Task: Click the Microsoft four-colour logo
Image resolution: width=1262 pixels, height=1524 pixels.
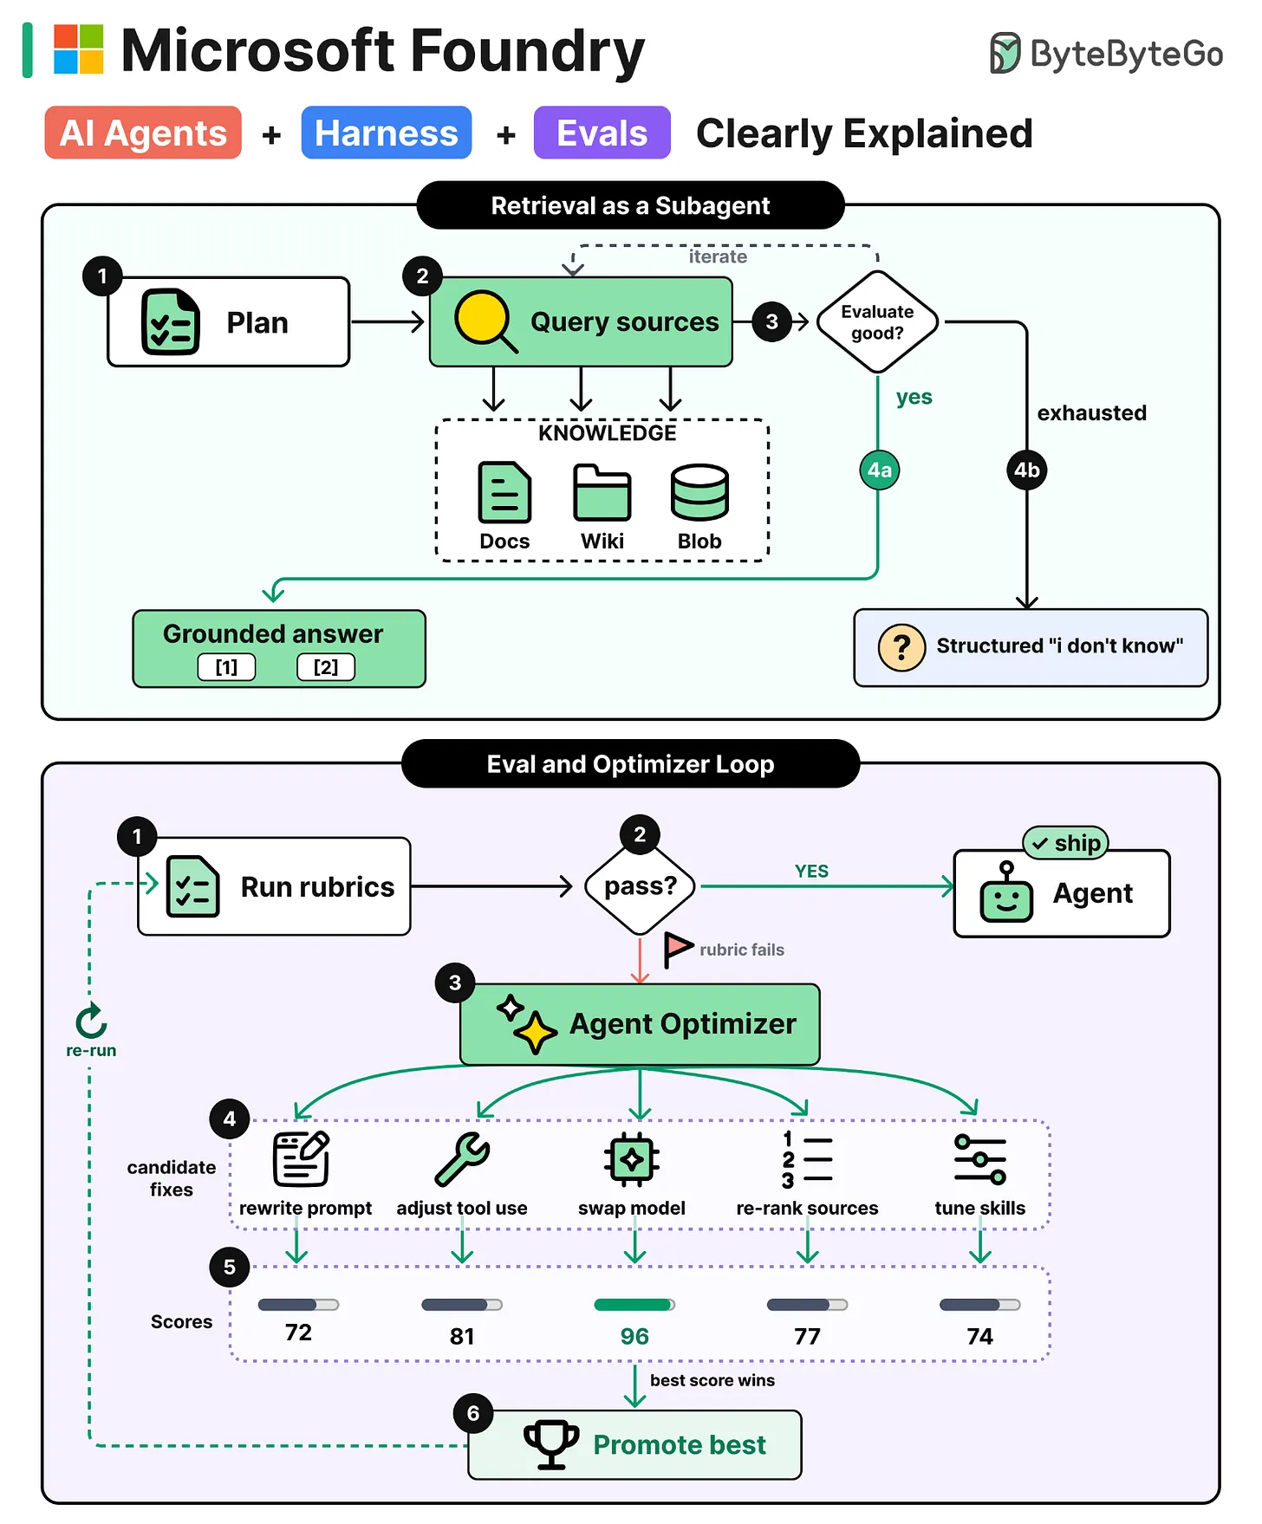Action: point(79,49)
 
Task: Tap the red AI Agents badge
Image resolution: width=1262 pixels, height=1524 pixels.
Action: point(143,133)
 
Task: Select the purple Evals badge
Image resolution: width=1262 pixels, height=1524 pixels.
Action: point(602,133)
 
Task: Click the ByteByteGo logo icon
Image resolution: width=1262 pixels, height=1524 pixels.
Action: point(1005,53)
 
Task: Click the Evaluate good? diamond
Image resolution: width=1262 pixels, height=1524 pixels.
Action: point(877,322)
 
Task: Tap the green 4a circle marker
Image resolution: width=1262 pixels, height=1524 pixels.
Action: point(879,470)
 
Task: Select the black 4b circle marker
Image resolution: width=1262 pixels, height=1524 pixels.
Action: point(1027,470)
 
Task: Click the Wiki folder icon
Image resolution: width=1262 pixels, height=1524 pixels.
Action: point(602,492)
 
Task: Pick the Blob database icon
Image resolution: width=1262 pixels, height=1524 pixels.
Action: point(699,492)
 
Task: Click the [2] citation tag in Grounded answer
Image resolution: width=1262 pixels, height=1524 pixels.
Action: point(326,667)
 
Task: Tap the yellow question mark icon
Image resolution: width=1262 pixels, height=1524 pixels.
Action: point(901,647)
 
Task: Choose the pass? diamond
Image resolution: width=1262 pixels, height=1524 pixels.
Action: point(641,886)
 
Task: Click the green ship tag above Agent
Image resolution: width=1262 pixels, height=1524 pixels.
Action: point(1066,843)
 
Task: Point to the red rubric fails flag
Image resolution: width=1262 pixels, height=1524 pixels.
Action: point(677,950)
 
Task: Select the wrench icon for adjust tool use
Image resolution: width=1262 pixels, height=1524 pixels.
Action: point(462,1159)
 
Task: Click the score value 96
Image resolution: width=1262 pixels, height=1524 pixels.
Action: point(634,1337)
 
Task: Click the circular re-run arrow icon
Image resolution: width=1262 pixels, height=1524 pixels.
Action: point(91,1021)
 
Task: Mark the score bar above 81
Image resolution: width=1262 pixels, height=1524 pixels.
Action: point(462,1305)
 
